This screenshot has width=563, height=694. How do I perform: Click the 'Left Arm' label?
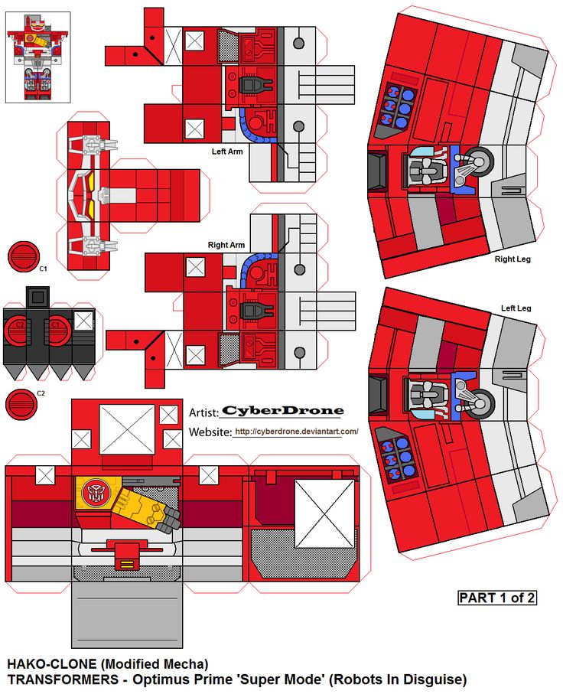click(x=227, y=152)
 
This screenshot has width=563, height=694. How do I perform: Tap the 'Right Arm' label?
click(x=226, y=245)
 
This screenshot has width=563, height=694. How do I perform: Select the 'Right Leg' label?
click(x=513, y=259)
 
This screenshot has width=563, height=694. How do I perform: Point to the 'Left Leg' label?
click(x=516, y=308)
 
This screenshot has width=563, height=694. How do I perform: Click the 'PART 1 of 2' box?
click(x=497, y=598)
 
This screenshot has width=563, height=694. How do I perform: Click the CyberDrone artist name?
click(x=282, y=411)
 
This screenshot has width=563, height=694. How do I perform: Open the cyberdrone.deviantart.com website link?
click(x=296, y=432)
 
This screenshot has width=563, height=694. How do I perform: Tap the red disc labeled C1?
click(x=24, y=256)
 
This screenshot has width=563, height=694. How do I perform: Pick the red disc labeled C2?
click(x=21, y=405)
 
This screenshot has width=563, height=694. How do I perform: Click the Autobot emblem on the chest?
click(x=95, y=492)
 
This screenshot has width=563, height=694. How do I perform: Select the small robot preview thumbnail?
click(x=37, y=57)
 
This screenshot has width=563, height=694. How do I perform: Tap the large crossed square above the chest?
click(x=126, y=429)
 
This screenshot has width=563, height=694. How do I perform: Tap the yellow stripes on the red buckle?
click(x=126, y=565)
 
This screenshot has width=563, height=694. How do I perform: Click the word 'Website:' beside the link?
click(x=210, y=432)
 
